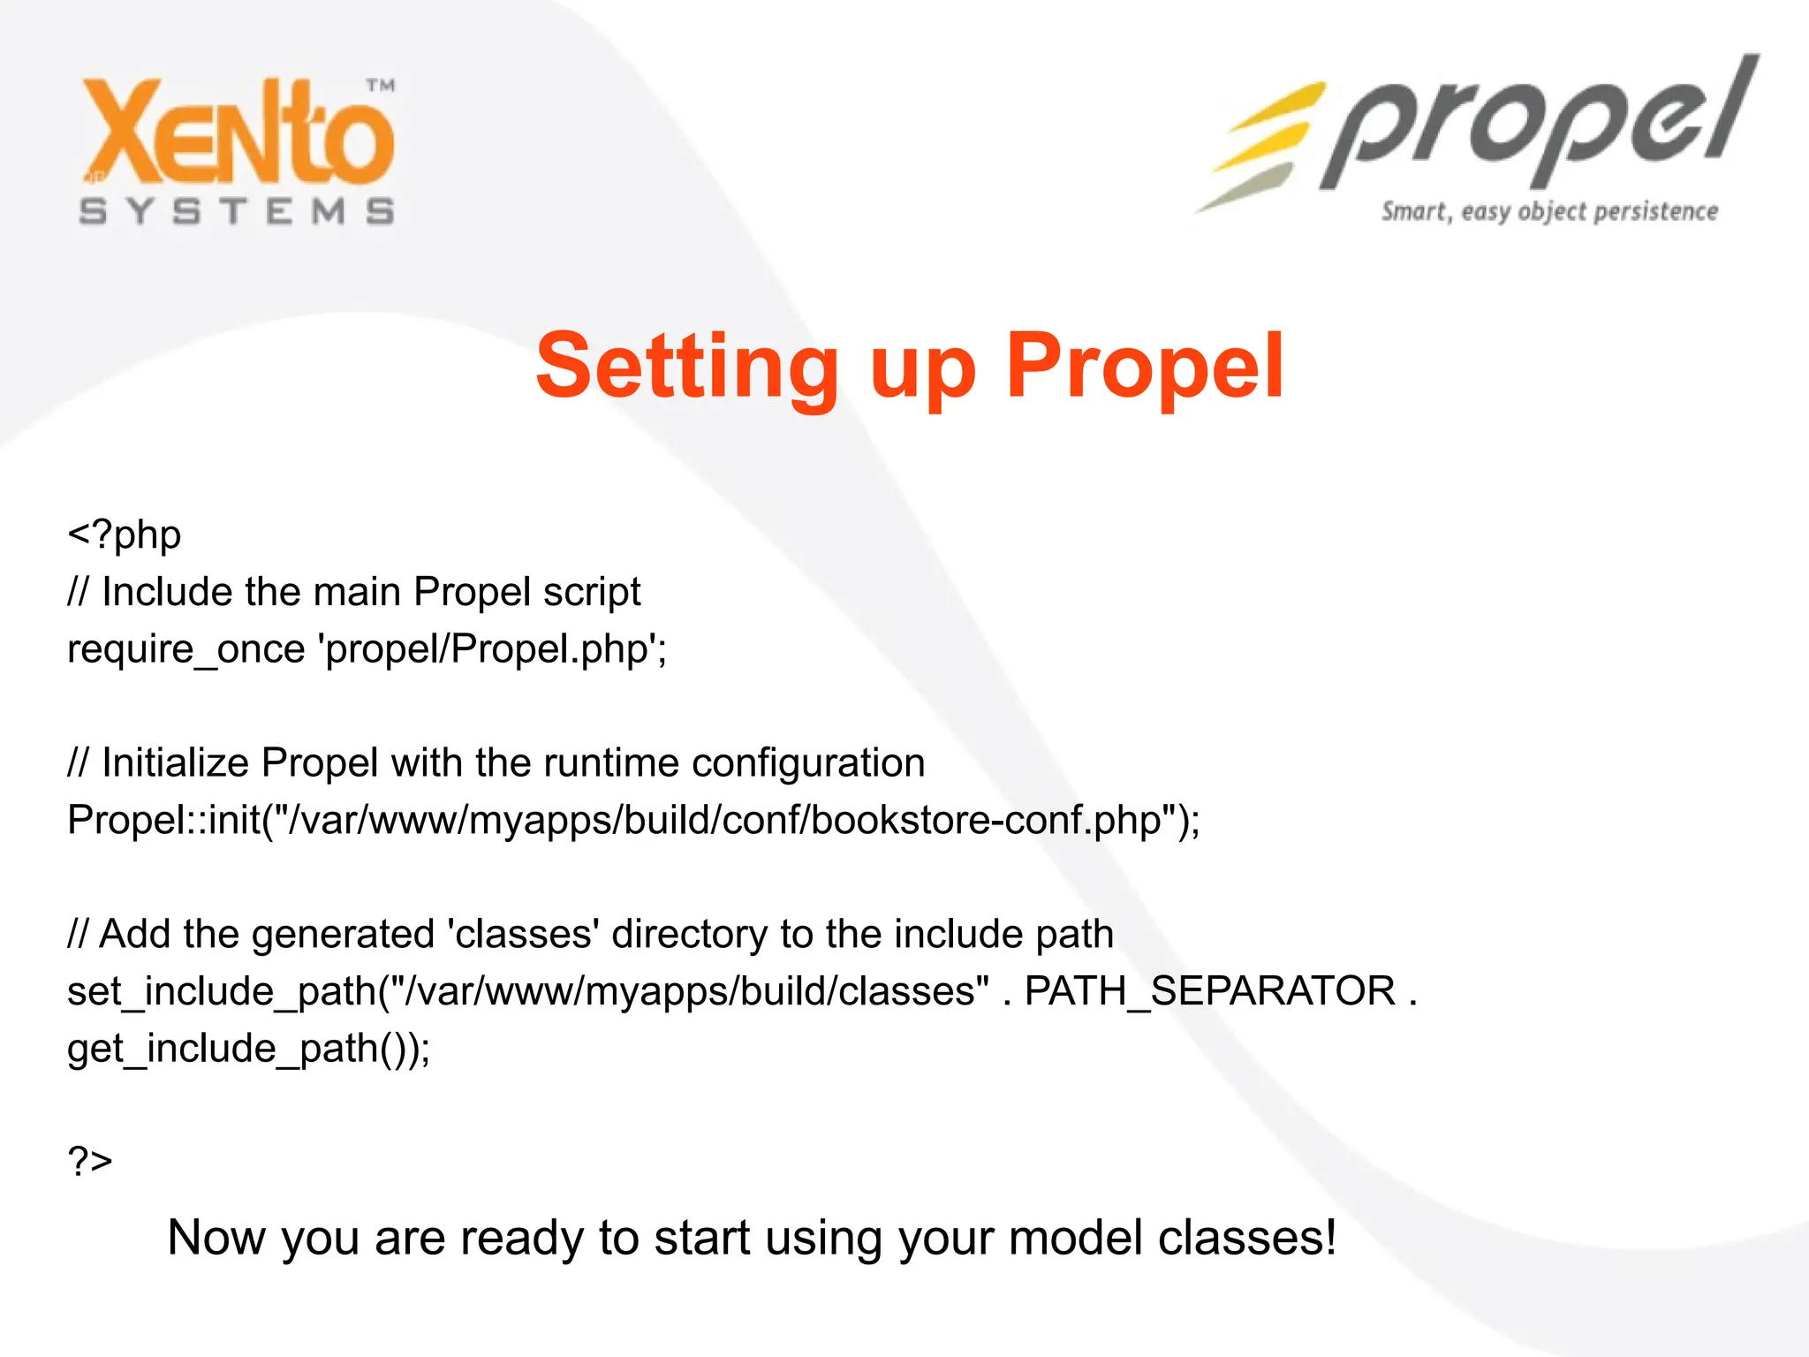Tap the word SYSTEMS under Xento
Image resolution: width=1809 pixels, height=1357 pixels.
click(x=237, y=211)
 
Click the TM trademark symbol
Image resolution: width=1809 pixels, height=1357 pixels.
click(x=381, y=86)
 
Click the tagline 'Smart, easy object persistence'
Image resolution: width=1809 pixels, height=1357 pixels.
click(x=1549, y=212)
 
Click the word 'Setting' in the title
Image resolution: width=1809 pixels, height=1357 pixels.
click(x=687, y=367)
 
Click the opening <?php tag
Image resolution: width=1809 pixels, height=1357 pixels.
click(x=125, y=535)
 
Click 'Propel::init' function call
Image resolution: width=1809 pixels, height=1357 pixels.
click(x=164, y=820)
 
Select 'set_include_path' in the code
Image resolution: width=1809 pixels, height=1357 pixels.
click(x=222, y=991)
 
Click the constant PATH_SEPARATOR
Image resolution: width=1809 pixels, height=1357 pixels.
click(x=1209, y=991)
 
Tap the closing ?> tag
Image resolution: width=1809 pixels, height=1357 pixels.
click(x=90, y=1161)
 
